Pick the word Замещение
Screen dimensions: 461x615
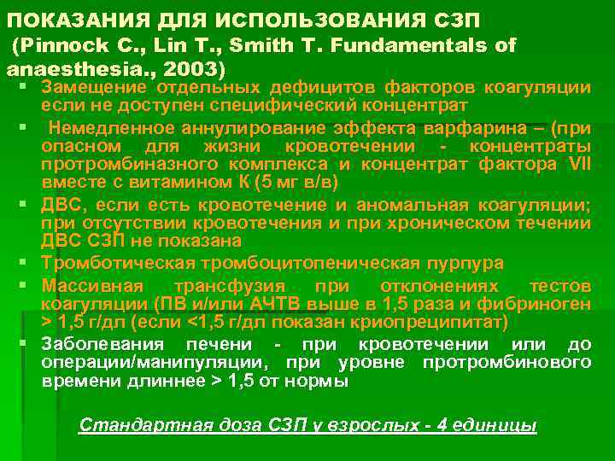[x=91, y=87]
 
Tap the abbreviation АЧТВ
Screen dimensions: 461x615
[x=274, y=303]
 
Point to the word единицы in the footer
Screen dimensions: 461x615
[x=495, y=425]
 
